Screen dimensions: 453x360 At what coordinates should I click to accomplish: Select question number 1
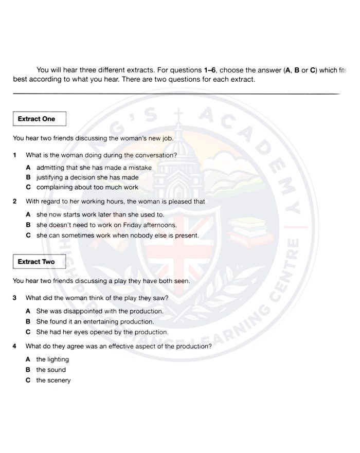(15, 155)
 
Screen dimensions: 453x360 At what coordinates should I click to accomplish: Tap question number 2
(15, 202)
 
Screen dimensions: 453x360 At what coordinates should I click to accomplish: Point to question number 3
(15, 298)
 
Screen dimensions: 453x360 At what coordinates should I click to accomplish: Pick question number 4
(15, 346)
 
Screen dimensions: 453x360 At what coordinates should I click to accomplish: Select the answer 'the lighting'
(52, 359)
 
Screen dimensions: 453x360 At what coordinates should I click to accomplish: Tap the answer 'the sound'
(51, 370)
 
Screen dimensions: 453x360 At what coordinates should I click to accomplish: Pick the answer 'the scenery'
(53, 380)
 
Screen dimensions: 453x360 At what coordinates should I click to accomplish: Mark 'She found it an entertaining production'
(95, 322)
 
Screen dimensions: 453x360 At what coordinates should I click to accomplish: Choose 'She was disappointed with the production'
(100, 311)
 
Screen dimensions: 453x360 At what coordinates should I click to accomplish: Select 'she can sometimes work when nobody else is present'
(117, 235)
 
